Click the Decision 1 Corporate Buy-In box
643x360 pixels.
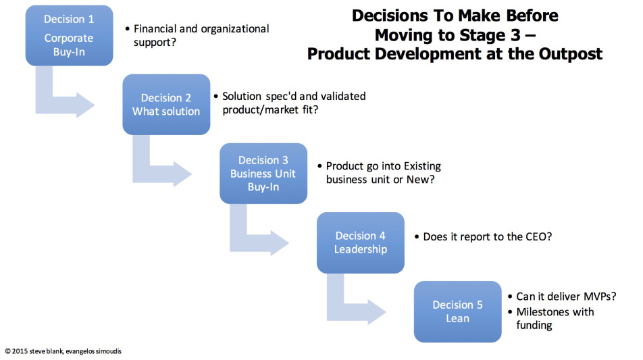(70, 35)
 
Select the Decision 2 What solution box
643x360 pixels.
(166, 105)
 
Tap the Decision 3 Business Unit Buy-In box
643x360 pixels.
(263, 174)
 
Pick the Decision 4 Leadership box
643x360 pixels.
(361, 242)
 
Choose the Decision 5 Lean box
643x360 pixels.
(458, 311)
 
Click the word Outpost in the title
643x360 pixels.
(571, 54)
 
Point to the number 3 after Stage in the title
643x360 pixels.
(515, 35)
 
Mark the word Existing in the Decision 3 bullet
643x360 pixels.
(422, 166)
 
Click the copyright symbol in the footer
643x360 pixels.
(8, 351)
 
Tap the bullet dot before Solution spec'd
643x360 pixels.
(215, 97)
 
